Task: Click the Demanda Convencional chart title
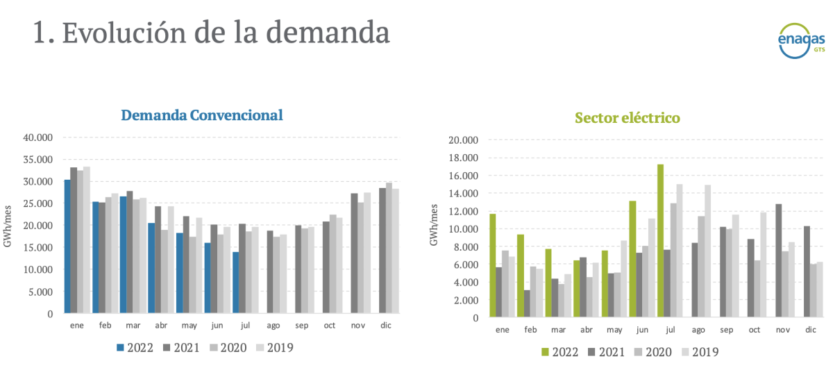(201, 115)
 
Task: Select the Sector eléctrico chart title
(627, 118)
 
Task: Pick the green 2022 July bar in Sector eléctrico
(661, 241)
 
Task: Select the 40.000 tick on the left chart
(39, 137)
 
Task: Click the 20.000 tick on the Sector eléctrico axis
(464, 140)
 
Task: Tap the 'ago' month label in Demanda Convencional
(273, 325)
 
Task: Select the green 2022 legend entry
(559, 352)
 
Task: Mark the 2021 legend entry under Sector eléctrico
(607, 352)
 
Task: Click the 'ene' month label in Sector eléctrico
(502, 329)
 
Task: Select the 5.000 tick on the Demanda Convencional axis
(42, 292)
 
